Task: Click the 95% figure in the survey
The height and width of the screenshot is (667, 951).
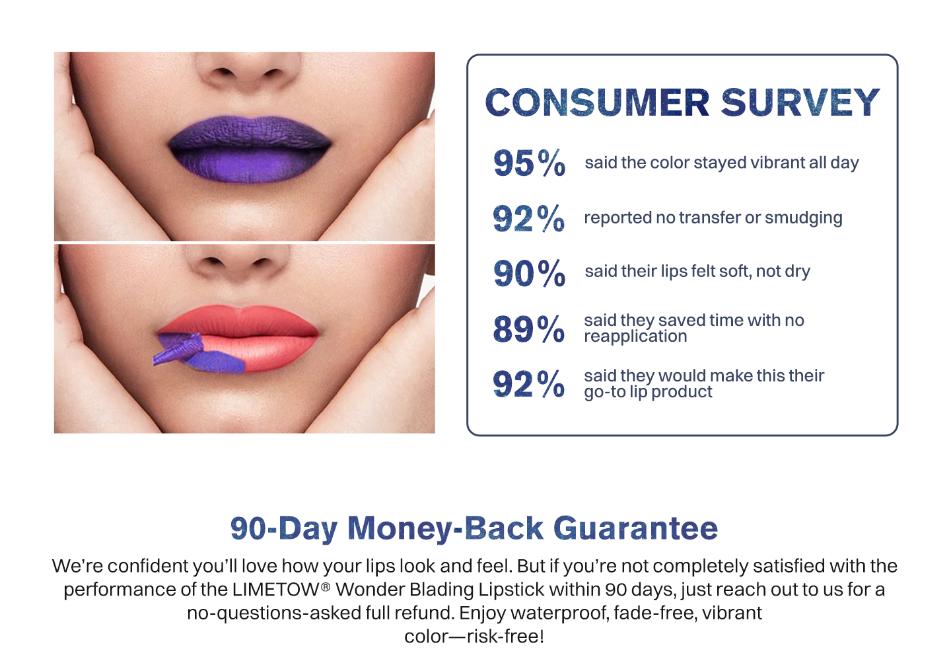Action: click(530, 163)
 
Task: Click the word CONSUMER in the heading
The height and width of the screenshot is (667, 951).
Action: click(597, 102)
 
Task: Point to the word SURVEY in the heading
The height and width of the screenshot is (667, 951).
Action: click(800, 102)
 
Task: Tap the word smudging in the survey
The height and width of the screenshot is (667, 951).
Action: click(803, 218)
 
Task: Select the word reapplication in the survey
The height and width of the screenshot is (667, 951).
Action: click(635, 337)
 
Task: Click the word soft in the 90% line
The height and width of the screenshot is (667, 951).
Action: click(735, 271)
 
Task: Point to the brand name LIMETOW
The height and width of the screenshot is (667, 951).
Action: click(277, 590)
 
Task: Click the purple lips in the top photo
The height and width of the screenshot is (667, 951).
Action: click(250, 149)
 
